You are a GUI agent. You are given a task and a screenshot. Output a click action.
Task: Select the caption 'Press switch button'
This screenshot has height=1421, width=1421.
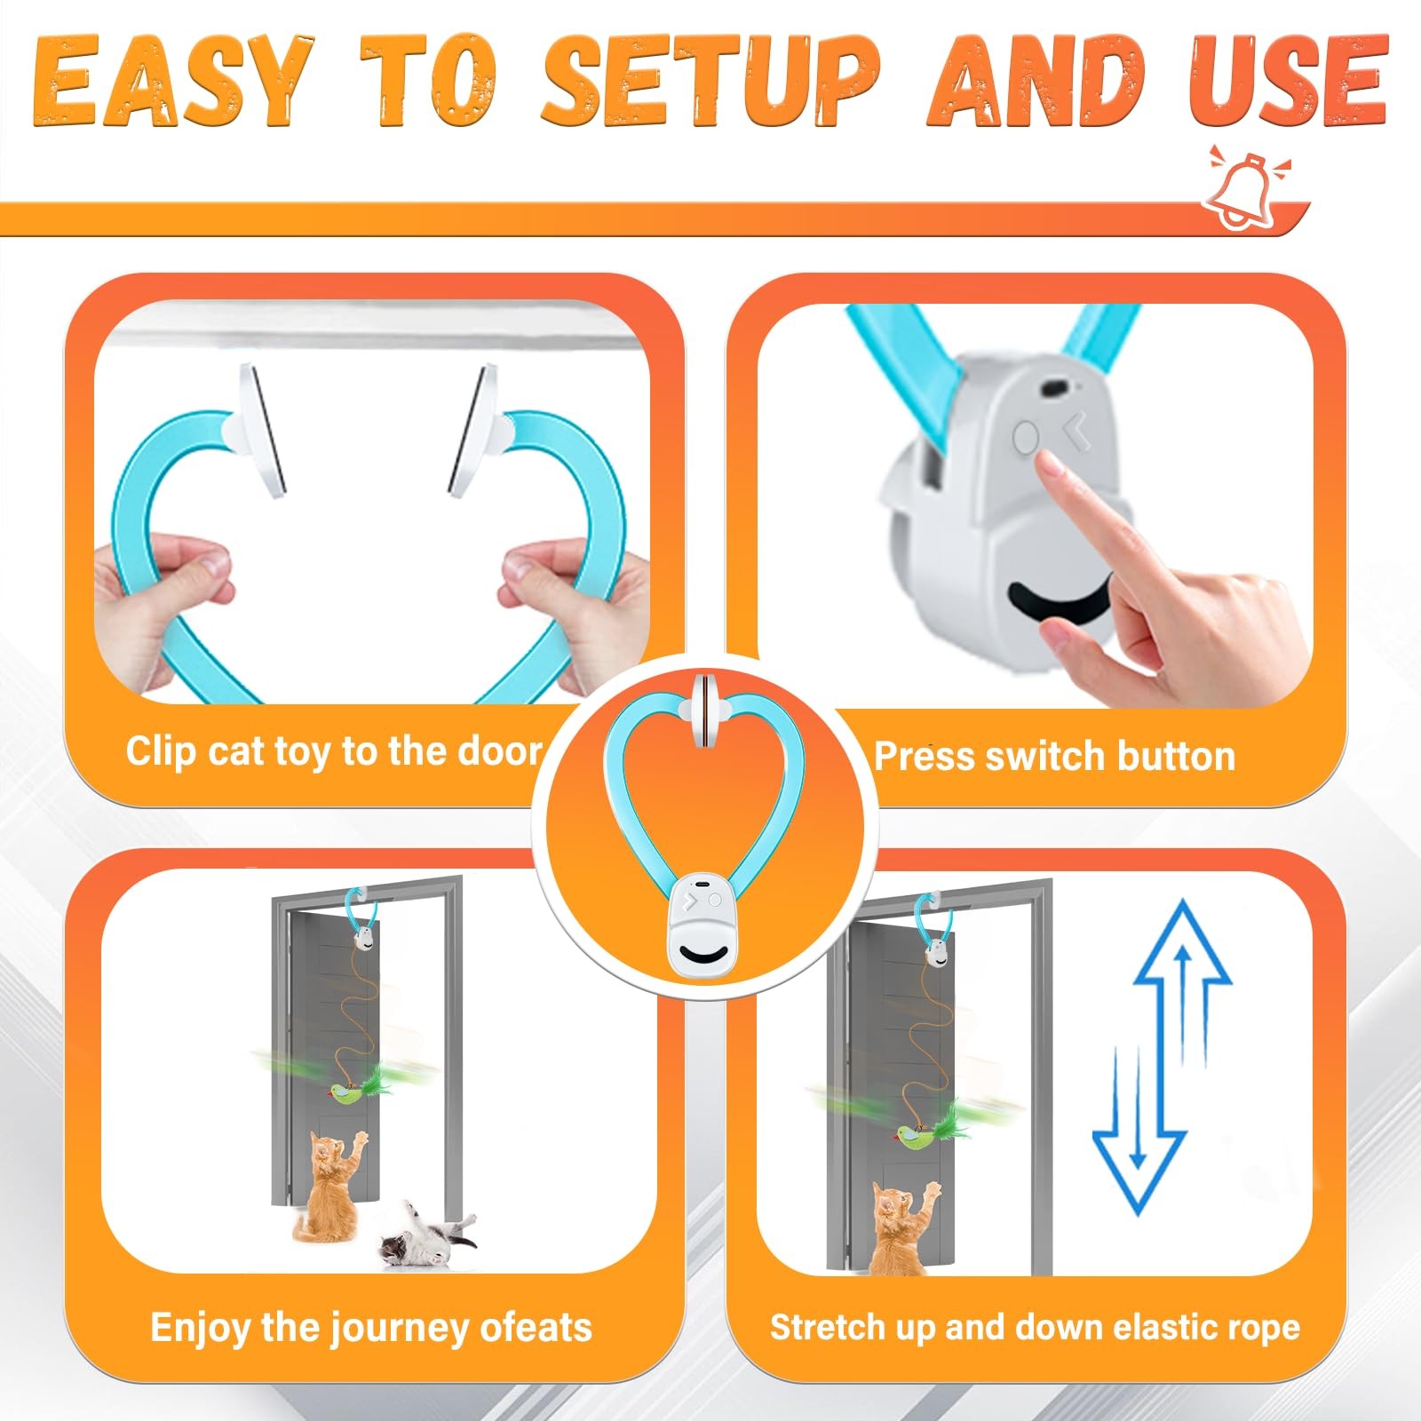point(1054,757)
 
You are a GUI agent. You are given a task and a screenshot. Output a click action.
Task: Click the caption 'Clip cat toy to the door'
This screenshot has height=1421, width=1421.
point(334,751)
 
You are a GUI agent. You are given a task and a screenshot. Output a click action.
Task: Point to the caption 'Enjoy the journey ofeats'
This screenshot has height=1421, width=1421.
point(371,1328)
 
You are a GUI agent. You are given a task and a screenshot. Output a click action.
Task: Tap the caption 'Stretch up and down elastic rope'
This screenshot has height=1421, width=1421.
point(1035,1327)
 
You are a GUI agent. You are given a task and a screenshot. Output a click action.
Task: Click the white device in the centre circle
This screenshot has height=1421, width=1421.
point(702,925)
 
